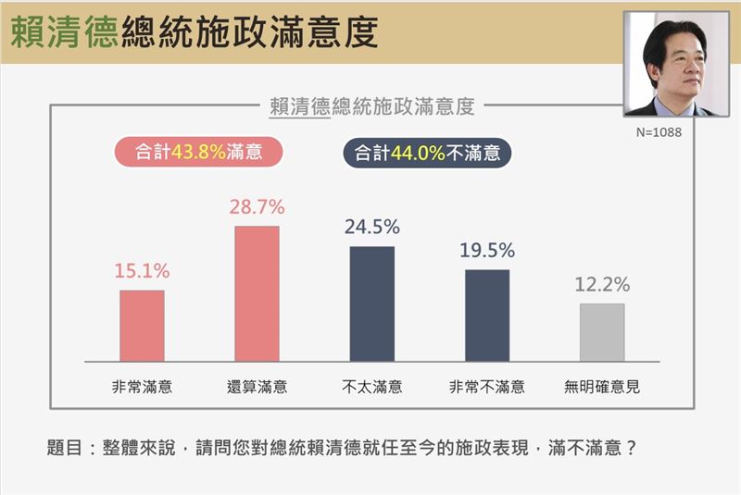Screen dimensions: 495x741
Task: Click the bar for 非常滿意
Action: [x=142, y=326]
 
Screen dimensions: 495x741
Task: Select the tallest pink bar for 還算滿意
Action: [x=257, y=293]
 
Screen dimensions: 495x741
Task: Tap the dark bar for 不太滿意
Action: [x=372, y=303]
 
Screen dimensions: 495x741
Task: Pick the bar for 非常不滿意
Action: [x=487, y=315]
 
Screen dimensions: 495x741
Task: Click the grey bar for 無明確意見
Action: [x=602, y=332]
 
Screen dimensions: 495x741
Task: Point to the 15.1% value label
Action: [x=142, y=272]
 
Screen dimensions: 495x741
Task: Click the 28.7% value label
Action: [x=257, y=207]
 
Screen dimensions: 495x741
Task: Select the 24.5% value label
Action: [x=372, y=228]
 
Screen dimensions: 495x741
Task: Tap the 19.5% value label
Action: [x=487, y=251]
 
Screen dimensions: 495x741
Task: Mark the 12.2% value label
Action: [x=602, y=285]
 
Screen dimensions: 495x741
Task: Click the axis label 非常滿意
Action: [x=142, y=387]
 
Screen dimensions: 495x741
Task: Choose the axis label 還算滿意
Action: [x=257, y=387]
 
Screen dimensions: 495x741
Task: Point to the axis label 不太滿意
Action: [x=372, y=387]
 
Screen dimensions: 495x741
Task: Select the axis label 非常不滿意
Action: [x=487, y=387]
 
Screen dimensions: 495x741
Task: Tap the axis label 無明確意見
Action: [x=602, y=387]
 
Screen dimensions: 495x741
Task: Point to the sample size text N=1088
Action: [x=659, y=132]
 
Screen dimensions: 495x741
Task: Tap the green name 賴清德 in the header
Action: [x=64, y=33]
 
